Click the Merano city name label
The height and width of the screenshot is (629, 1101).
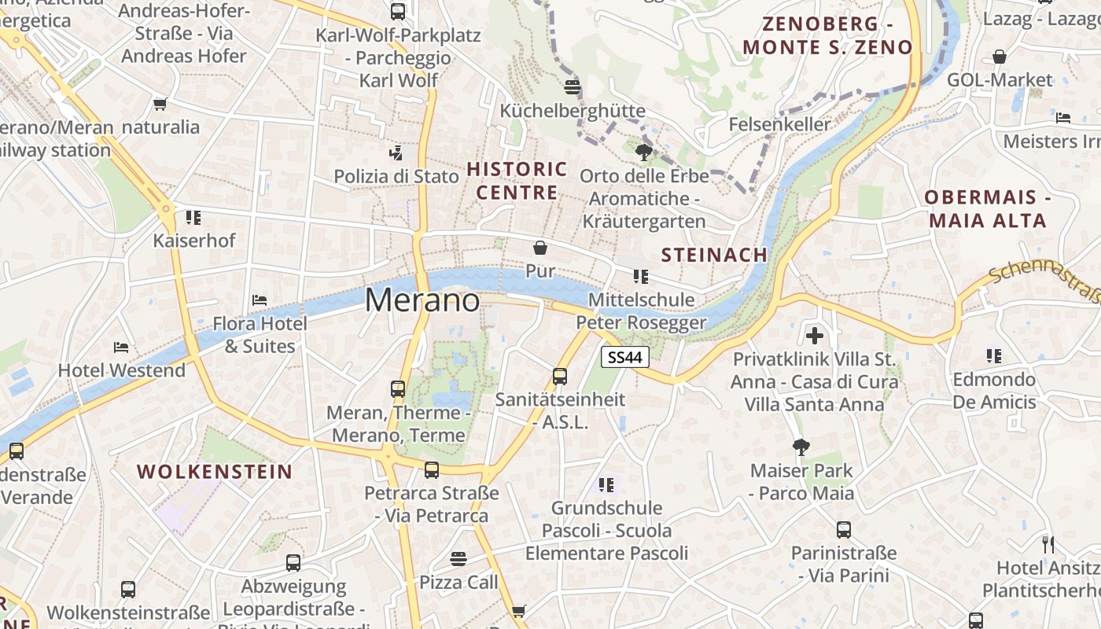(422, 300)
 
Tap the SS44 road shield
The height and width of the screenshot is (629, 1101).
(625, 357)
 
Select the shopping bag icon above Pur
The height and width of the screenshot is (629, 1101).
(540, 248)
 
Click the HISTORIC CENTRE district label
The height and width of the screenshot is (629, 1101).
(517, 181)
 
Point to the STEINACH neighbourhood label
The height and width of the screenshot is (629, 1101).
(714, 255)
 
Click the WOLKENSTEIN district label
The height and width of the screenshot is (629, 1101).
(215, 472)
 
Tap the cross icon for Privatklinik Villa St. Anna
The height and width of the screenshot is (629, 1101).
(815, 337)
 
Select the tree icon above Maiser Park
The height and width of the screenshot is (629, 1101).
(801, 447)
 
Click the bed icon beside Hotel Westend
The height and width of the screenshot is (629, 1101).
(120, 347)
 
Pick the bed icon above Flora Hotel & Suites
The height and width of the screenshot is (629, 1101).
(259, 300)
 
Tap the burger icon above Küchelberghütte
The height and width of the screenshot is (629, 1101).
(572, 86)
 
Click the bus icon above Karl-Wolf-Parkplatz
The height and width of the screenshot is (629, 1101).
(398, 12)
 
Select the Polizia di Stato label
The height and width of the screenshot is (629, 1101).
(396, 176)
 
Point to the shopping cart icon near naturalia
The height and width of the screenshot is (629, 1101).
(160, 104)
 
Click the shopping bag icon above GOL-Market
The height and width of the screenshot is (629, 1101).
(999, 57)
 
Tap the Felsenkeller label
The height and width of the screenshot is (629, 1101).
(779, 124)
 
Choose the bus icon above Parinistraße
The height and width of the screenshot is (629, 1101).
(844, 530)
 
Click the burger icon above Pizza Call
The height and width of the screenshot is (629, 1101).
(458, 558)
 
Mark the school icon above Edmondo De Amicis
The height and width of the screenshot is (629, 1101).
(994, 356)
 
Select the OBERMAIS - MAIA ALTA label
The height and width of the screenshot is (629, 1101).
(988, 208)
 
